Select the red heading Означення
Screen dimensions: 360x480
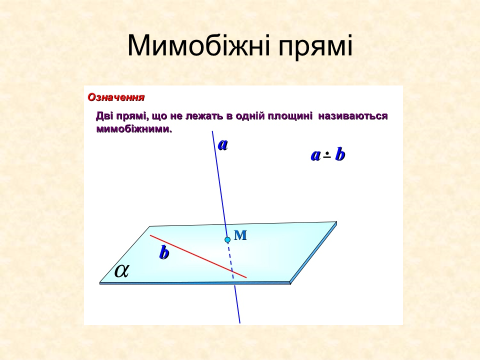pos(116,97)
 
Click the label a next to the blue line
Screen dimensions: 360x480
pos(222,144)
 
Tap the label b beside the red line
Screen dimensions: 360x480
pos(164,253)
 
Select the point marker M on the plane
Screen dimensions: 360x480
pos(227,240)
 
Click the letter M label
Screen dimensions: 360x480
pos(241,235)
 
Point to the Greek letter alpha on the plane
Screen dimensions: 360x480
pos(121,270)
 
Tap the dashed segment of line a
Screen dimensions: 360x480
pos(230,262)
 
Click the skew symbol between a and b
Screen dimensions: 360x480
pos(327,155)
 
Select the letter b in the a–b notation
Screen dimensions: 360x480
pos(340,155)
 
